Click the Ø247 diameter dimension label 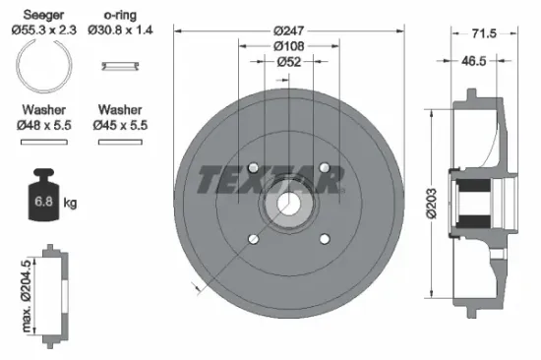[288, 30]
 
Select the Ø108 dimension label [288, 45]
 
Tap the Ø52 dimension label [288, 62]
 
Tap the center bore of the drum [287, 203]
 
